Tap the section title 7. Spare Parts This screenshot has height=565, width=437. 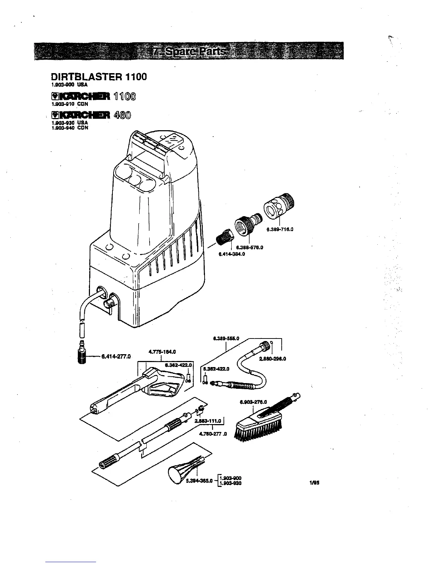190,52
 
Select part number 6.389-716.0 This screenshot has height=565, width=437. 280,229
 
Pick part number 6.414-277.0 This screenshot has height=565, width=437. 116,356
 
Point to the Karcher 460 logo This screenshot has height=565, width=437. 91,115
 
